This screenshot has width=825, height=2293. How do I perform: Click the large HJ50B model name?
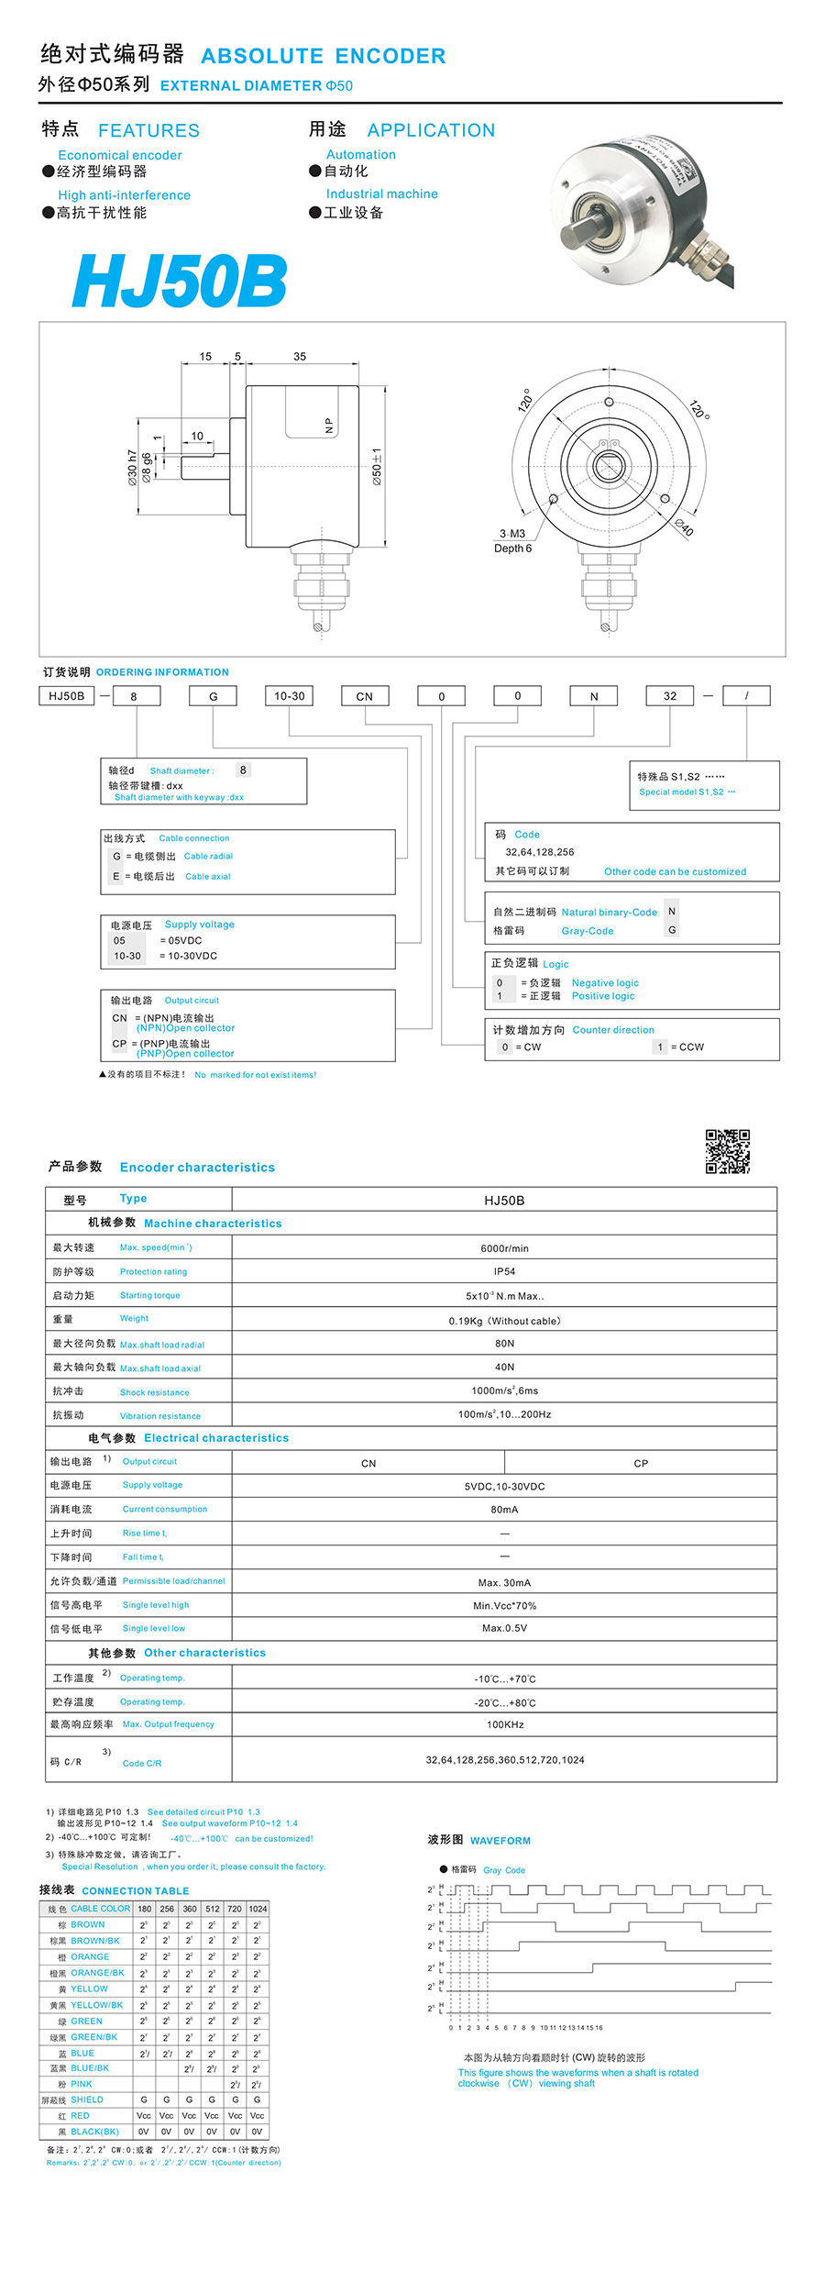[180, 281]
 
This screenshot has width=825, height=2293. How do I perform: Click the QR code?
[727, 1151]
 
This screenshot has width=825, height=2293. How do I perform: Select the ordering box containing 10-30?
[289, 696]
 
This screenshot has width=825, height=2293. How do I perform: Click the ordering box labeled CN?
[365, 696]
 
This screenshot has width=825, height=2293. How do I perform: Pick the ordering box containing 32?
[670, 696]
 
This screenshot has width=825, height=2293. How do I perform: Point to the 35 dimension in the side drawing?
[300, 357]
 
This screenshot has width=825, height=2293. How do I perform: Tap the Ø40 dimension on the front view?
[685, 526]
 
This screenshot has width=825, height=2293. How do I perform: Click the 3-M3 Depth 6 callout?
[512, 541]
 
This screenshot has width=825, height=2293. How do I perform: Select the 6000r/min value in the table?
[504, 1248]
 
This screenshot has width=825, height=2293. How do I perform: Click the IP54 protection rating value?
[504, 1271]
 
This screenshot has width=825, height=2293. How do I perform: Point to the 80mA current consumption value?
[504, 1510]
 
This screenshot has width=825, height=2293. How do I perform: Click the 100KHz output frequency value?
[505, 1724]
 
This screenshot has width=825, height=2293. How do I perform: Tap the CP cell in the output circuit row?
[641, 1463]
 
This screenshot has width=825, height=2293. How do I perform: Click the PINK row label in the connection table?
[82, 2084]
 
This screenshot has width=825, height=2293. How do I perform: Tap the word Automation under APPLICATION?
[361, 155]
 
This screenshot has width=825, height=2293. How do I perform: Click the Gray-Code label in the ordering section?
[588, 931]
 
